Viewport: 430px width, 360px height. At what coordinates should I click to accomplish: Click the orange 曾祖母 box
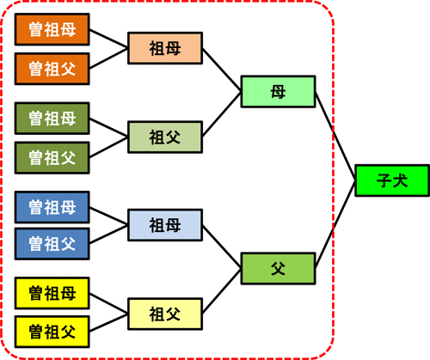tap(52, 32)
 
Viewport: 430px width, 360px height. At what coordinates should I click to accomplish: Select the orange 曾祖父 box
tap(52, 68)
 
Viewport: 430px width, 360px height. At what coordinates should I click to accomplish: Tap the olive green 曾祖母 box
tap(52, 119)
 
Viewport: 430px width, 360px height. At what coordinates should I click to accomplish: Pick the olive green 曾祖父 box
tap(52, 156)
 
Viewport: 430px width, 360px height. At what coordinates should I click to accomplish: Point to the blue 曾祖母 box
tap(52, 207)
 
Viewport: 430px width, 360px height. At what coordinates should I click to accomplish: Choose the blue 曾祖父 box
tap(52, 243)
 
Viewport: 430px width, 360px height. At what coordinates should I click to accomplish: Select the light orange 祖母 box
tap(164, 49)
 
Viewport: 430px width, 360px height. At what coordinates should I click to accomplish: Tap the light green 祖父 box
tap(164, 136)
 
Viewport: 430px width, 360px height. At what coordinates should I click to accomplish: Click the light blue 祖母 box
tap(164, 226)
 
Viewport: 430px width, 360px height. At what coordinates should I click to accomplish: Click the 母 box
tap(278, 92)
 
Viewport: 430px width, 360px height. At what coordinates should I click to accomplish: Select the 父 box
tap(278, 269)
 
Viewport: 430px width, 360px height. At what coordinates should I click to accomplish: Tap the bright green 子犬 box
tap(390, 180)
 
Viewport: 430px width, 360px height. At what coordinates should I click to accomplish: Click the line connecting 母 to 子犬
tap(335, 132)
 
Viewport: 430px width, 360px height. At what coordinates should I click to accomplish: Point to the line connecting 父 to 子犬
tap(335, 227)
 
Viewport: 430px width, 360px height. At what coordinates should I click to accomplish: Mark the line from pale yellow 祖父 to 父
tap(222, 291)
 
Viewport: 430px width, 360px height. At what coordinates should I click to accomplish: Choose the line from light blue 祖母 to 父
tap(222, 247)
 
